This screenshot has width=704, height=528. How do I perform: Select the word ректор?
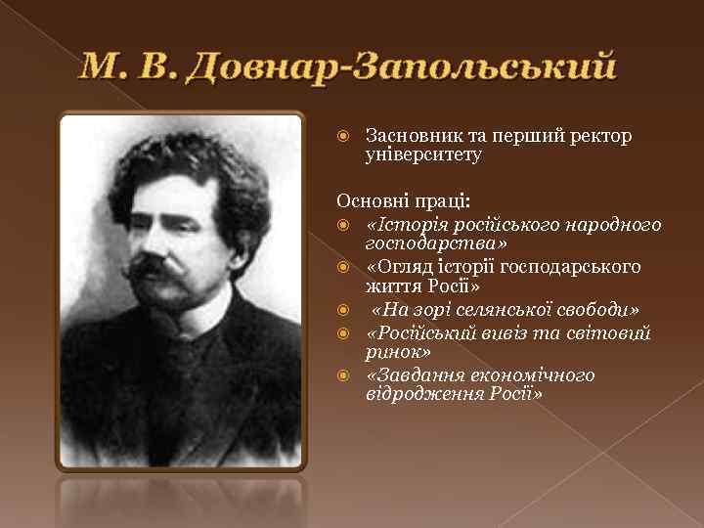pyautogui.click(x=603, y=136)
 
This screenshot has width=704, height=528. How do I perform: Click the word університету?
pyautogui.click(x=423, y=154)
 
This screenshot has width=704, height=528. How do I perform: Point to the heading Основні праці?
pyautogui.click(x=404, y=201)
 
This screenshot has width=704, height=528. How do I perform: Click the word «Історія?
pyautogui.click(x=399, y=225)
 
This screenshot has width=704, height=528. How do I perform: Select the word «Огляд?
pyautogui.click(x=394, y=266)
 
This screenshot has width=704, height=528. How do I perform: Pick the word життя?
pyautogui.click(x=391, y=286)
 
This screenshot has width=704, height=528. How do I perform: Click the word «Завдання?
pyautogui.click(x=410, y=375)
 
